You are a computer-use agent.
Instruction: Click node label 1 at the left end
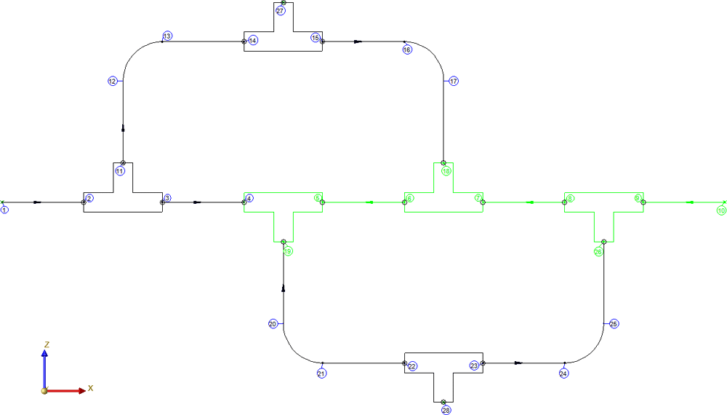click(x=5, y=210)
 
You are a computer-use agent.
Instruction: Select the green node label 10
click(x=721, y=210)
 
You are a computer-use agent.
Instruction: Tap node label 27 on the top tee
click(x=281, y=11)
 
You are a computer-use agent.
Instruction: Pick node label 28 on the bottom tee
click(x=446, y=411)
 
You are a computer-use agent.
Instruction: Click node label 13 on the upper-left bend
click(x=167, y=36)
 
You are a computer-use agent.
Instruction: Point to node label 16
click(x=406, y=50)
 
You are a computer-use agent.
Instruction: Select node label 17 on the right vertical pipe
click(x=454, y=81)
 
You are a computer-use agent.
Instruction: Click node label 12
click(x=112, y=82)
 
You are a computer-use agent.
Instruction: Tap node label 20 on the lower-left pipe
click(x=273, y=324)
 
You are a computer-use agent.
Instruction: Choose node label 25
click(x=614, y=323)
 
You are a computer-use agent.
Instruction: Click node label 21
click(x=321, y=373)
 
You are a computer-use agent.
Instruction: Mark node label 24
click(x=563, y=373)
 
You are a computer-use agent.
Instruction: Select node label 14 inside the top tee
click(x=253, y=40)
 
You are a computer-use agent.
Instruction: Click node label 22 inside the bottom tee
click(x=412, y=366)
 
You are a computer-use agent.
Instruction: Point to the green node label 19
click(x=288, y=251)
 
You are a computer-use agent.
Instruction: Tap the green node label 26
click(x=598, y=252)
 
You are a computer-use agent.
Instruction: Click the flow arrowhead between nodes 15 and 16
click(x=358, y=41)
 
